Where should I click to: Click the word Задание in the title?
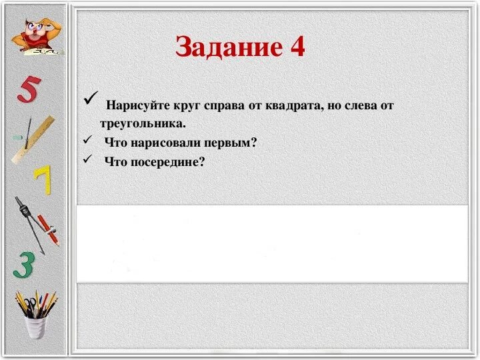tap(219, 47)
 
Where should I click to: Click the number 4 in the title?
tap(297, 47)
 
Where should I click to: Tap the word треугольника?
tap(143, 123)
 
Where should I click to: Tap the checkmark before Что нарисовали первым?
tap(87, 141)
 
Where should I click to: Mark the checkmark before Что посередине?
tap(87, 159)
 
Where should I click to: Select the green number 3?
tap(24, 265)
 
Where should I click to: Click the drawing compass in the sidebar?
tap(29, 220)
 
